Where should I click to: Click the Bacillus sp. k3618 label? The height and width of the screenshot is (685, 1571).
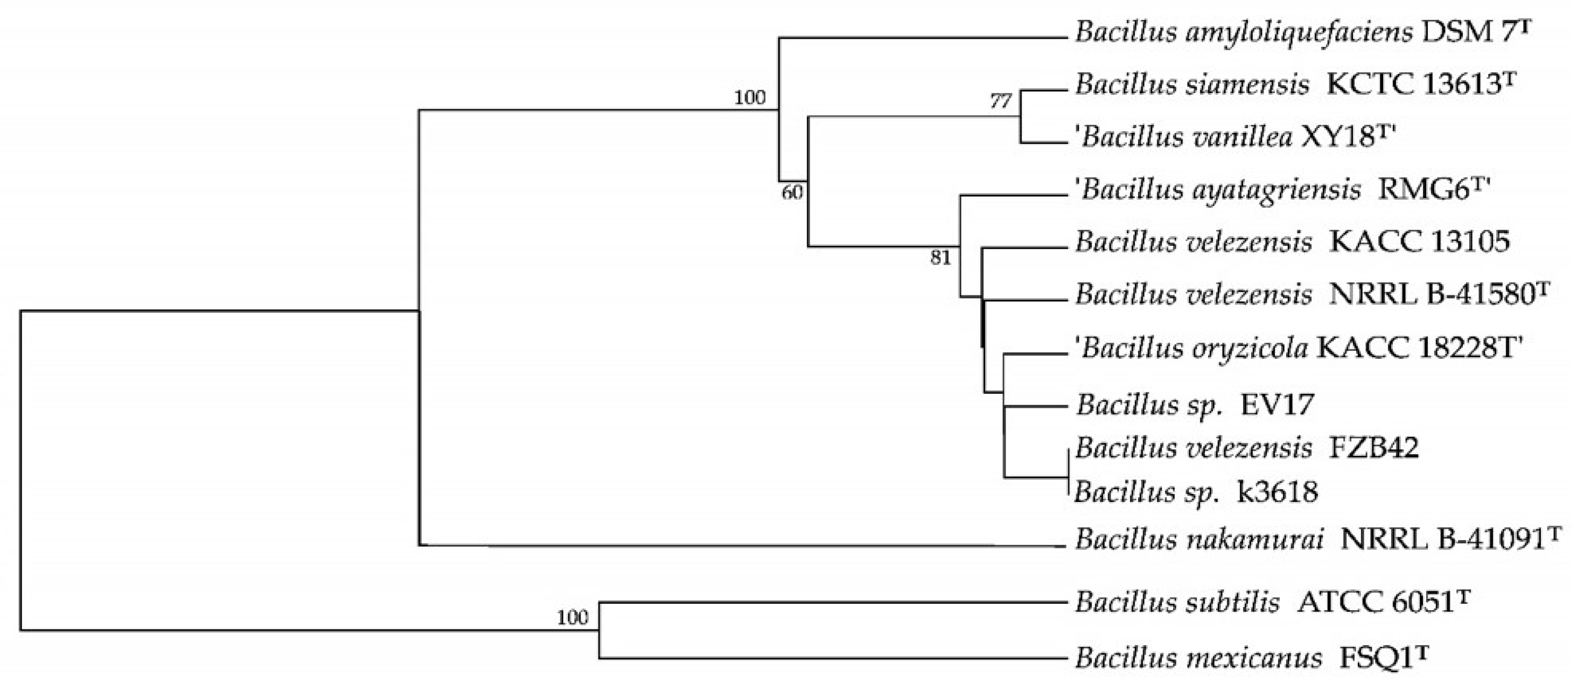[1195, 492]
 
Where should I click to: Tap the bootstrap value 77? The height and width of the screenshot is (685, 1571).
[1001, 101]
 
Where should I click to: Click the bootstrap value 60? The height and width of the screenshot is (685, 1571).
[792, 193]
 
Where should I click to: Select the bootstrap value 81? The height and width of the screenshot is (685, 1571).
[940, 258]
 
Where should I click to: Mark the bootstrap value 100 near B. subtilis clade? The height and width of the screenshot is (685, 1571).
[572, 618]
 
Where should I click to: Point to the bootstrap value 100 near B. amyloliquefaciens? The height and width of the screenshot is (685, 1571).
[750, 97]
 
